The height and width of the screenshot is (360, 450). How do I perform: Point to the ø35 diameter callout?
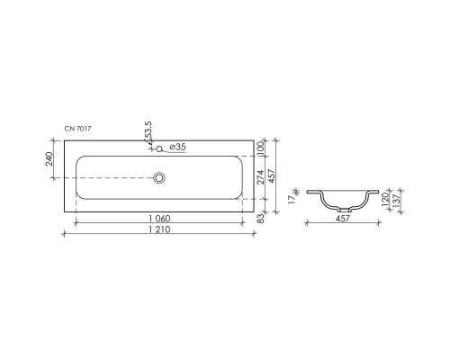coord(177,147)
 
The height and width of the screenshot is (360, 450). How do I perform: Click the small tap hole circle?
coord(158,148)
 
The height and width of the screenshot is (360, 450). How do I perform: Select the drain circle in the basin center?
coord(159,178)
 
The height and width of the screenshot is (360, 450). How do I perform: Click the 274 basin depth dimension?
coord(260,178)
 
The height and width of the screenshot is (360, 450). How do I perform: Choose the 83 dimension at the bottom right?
coord(259,216)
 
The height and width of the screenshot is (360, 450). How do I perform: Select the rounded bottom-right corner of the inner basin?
coord(239,198)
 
